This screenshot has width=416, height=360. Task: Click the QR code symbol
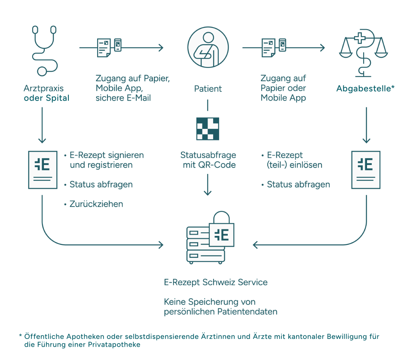[208, 128]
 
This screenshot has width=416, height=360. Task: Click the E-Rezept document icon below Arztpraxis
[43, 170]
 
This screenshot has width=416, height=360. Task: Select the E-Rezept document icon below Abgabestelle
[366, 170]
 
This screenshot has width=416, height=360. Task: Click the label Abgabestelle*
[365, 89]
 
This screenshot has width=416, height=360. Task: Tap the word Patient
[208, 89]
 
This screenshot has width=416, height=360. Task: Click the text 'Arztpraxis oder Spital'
[46, 93]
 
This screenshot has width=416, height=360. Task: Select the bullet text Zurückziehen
[96, 204]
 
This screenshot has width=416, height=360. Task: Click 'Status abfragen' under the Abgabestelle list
[298, 184]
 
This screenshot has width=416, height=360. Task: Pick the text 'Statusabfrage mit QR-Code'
[208, 160]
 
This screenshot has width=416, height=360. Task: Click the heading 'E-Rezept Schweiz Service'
[216, 282]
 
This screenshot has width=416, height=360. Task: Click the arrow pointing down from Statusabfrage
[208, 185]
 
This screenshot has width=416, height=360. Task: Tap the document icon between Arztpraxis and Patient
[108, 47]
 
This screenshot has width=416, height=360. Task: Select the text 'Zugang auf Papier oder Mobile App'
[283, 88]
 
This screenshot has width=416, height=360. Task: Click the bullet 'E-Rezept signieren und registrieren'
[106, 160]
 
